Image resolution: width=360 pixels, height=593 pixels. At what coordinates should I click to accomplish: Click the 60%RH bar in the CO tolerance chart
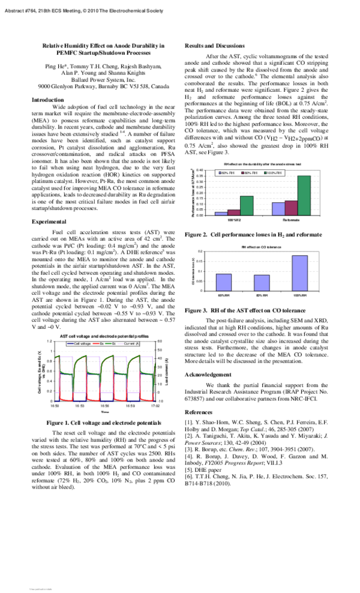223,282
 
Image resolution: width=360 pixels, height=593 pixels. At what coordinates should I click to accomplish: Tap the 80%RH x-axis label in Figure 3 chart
261,296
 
